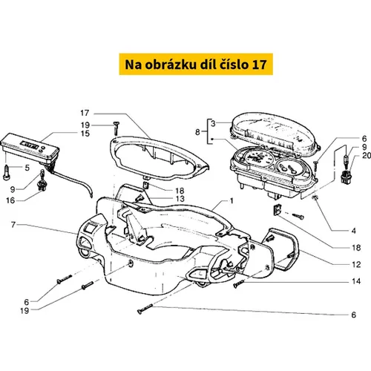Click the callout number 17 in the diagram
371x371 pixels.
(85, 113)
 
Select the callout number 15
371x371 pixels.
(85, 134)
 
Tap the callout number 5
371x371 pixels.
(27, 168)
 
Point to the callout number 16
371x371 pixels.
(10, 200)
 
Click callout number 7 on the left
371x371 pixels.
(13, 225)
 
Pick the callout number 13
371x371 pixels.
(180, 199)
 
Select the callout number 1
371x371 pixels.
(232, 201)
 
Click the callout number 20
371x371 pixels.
(367, 155)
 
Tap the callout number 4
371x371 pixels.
(354, 231)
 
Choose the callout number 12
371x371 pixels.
(356, 265)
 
